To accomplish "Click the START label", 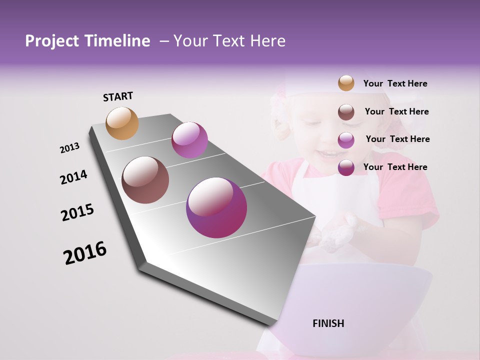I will point(118,96).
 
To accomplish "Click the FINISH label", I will point(328,323).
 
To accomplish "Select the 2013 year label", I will point(69,148).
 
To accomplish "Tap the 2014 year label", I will point(73,177).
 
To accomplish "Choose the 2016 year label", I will point(85,253).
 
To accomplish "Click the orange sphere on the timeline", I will point(122,123).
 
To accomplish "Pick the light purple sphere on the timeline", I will point(189,140).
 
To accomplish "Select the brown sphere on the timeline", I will point(145,180).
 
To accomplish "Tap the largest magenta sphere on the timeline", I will point(216,207).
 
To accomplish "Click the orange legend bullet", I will point(346,83).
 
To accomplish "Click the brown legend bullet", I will point(346,112).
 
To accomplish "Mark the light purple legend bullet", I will point(346,140).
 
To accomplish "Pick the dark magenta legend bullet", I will point(346,167).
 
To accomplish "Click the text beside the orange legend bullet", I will point(395,83).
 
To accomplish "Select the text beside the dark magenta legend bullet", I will point(395,167).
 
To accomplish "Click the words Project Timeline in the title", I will point(87,41).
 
